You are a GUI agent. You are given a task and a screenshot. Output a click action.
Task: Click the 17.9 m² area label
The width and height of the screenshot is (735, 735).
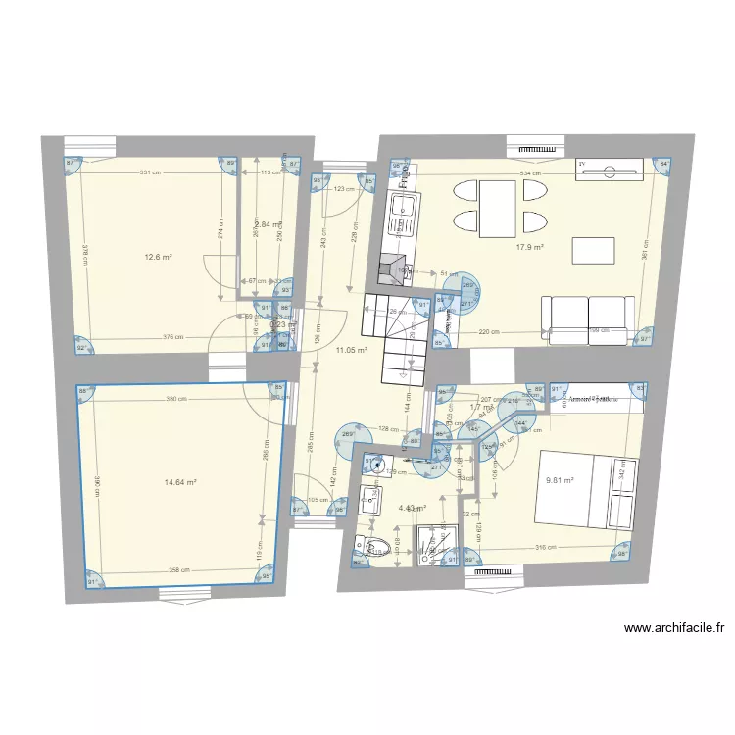click(530, 247)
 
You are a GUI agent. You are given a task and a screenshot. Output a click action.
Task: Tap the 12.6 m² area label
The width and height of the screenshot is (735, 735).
click(158, 258)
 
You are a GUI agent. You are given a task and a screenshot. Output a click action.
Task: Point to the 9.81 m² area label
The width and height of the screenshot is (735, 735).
click(560, 481)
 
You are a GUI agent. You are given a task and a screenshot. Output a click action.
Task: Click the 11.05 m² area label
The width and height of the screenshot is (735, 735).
click(351, 350)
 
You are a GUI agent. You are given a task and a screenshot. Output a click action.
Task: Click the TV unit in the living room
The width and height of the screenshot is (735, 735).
click(611, 169)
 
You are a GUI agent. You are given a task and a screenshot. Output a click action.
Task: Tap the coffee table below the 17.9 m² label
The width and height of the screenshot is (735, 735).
click(594, 250)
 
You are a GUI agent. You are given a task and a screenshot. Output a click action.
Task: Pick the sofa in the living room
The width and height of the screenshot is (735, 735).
click(587, 319)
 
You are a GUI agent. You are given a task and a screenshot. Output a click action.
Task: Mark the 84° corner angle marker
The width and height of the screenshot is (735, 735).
click(663, 164)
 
